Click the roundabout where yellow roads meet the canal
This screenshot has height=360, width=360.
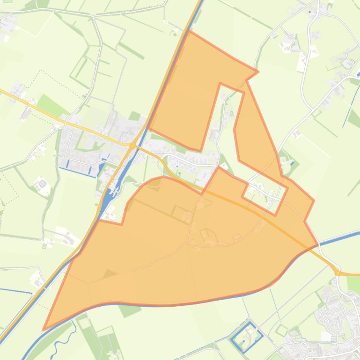132,145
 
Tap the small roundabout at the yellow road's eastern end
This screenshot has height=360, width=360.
337,272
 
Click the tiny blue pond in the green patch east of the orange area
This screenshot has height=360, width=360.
292,163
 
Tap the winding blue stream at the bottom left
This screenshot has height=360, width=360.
61,334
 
